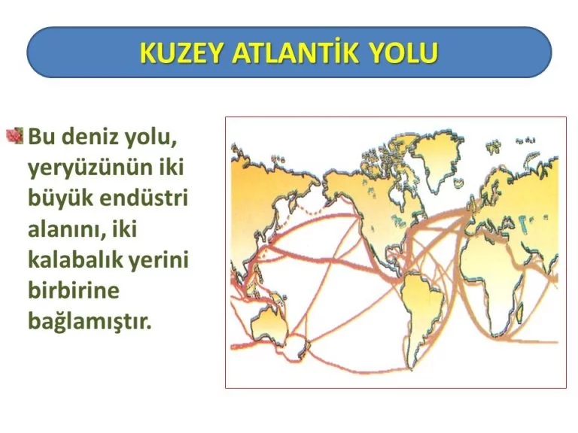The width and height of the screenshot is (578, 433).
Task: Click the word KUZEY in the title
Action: pos(181,53)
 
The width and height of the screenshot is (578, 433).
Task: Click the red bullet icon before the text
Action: pos(15,135)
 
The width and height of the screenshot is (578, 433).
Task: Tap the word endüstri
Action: pos(144,198)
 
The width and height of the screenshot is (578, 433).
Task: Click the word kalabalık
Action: pos(75,259)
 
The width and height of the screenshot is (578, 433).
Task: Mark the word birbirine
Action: pos(74,290)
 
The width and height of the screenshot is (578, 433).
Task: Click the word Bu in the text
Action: pos(41,136)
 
